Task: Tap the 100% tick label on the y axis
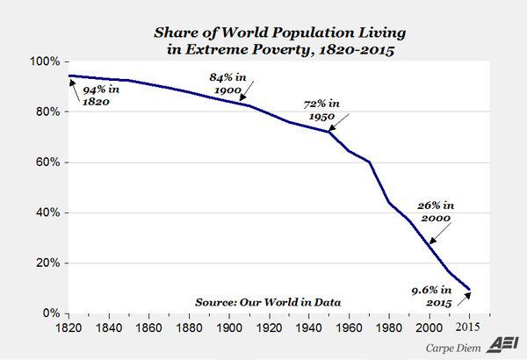click(x=44, y=62)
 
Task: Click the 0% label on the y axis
click(x=50, y=313)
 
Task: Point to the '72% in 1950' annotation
click(x=321, y=110)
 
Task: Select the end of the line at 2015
click(x=470, y=289)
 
